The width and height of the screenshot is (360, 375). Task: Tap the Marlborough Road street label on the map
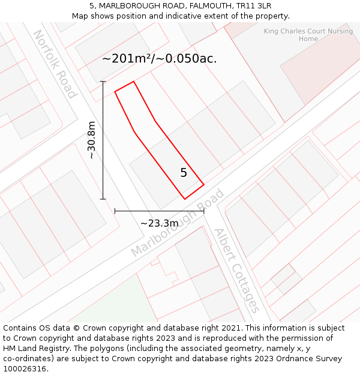click(x=178, y=223)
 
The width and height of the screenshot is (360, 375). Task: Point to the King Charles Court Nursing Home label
click(x=308, y=35)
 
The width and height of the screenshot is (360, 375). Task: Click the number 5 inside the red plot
click(x=184, y=173)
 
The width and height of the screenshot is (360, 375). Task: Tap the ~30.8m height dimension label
click(x=91, y=140)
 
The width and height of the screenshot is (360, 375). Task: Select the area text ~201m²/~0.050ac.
click(x=160, y=59)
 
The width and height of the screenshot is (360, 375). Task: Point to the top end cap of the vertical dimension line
click(x=103, y=82)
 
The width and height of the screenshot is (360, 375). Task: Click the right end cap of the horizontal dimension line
click(x=204, y=211)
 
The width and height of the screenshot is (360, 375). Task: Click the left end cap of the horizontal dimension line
click(x=115, y=211)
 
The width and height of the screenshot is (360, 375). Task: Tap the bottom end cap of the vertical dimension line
click(x=103, y=199)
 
